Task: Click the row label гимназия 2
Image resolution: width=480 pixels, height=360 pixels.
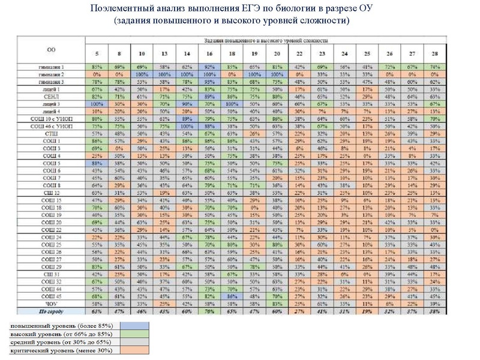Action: [52, 73]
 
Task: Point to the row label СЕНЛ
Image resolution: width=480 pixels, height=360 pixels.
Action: [52, 96]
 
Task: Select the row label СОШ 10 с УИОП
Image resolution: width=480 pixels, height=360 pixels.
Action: [52, 119]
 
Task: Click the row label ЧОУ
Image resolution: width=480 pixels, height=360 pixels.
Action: [52, 304]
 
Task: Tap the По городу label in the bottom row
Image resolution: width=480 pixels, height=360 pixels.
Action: [52, 312]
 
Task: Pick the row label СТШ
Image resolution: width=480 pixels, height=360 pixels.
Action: [52, 134]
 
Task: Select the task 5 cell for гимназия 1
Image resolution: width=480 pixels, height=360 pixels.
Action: [95, 66]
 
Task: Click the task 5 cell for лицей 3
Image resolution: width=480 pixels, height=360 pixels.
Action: [95, 104]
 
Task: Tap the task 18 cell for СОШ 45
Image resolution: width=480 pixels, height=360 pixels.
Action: [231, 296]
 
